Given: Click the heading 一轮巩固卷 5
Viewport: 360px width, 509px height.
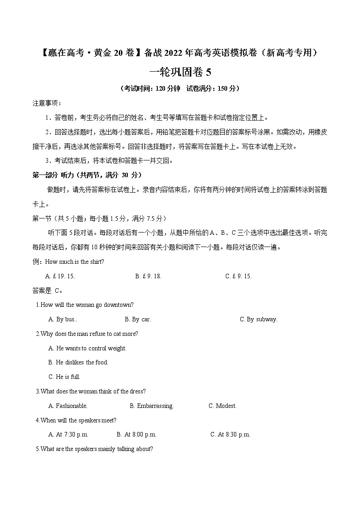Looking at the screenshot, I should (180, 72).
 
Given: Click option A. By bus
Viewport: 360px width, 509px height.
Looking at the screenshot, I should (63, 320).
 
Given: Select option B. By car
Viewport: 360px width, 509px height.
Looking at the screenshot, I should (138, 320).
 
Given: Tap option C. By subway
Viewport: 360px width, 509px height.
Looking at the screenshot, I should (258, 320).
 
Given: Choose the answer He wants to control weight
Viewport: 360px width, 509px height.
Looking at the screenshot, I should (87, 349).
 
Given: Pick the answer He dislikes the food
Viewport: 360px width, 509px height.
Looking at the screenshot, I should (78, 363).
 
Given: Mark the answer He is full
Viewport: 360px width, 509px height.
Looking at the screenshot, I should (64, 377).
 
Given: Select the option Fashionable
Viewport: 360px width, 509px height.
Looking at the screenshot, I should (68, 406).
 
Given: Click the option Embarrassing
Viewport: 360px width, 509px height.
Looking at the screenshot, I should (151, 406).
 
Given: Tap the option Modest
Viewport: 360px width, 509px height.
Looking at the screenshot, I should (223, 406).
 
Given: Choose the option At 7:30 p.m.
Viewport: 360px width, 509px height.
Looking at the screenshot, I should (68, 435).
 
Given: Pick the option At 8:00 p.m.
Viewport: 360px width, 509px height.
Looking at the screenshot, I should (136, 435).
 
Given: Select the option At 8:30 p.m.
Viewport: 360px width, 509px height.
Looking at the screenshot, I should (230, 435).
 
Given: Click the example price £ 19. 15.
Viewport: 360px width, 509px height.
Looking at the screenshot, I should (60, 276).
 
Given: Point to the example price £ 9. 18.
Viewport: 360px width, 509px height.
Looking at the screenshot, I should (148, 276).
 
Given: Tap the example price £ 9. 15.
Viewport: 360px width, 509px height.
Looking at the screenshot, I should (238, 276).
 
